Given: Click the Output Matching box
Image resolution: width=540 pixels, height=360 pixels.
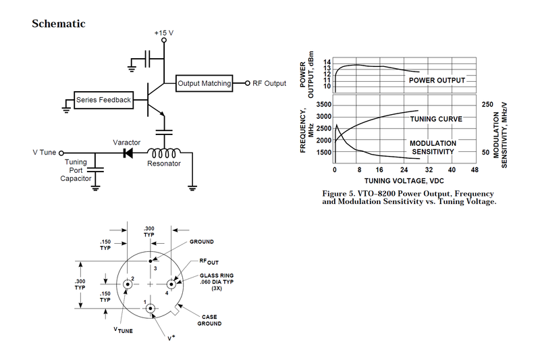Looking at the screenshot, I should (x=205, y=84).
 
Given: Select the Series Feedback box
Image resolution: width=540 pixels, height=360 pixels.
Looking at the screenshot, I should (x=103, y=100).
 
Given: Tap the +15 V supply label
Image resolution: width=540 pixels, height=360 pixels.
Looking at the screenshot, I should (x=164, y=32).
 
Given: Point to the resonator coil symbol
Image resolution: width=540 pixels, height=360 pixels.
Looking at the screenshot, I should (x=165, y=153).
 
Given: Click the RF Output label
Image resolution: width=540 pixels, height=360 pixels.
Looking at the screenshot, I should (x=269, y=84).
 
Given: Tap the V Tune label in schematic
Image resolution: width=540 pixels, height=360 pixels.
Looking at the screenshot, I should (x=45, y=153).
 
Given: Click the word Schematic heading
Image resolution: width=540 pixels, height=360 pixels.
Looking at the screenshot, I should (x=59, y=24).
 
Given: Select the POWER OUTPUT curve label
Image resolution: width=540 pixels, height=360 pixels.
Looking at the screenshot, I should (x=437, y=80).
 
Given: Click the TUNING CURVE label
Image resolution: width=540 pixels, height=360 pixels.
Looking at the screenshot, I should (x=437, y=119).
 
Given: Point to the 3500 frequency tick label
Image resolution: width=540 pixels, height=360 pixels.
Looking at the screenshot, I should (x=323, y=105).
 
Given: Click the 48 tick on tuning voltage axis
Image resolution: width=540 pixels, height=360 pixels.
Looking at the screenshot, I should (x=475, y=170).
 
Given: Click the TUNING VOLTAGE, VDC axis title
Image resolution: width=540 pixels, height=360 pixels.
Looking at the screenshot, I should (x=405, y=181).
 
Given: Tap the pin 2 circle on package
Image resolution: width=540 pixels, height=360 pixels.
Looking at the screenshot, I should (x=126, y=286).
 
